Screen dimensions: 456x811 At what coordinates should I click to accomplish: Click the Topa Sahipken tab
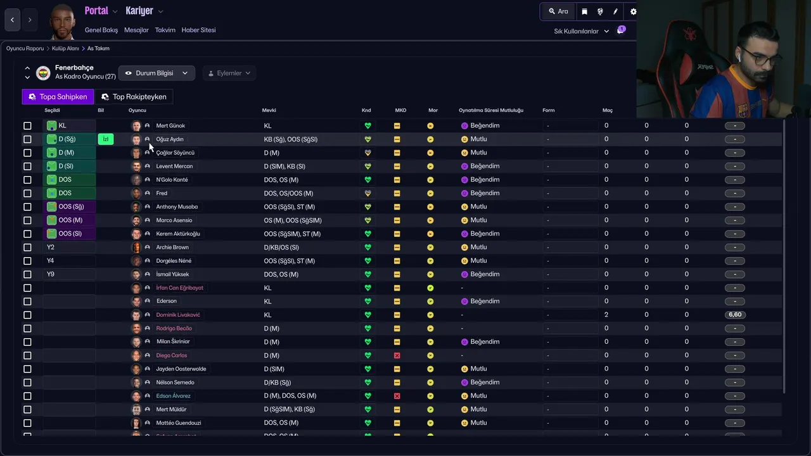coord(58,97)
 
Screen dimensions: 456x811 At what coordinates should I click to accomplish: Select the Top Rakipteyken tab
coord(134,97)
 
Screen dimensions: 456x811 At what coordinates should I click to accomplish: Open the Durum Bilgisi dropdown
coord(156,73)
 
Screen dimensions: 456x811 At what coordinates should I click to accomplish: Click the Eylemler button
coord(229,73)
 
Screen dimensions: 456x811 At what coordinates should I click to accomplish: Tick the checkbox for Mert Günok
coord(27,126)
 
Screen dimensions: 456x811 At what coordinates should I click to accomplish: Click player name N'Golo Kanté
coord(172,180)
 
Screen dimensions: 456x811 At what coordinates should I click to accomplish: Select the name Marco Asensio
coord(174,220)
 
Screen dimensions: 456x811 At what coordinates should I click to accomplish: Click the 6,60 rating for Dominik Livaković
coord(735,315)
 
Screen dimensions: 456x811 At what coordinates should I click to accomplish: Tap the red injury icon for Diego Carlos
coord(397,355)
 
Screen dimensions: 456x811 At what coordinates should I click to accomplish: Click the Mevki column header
coord(269,110)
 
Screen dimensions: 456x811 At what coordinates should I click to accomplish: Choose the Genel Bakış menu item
coord(101,30)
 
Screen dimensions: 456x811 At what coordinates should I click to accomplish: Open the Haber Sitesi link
coord(198,30)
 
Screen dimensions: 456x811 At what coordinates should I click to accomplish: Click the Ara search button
coord(558,11)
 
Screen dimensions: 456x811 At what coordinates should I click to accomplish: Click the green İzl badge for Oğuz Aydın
coord(106,139)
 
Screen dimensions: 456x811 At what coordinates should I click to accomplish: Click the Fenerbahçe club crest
coord(43,73)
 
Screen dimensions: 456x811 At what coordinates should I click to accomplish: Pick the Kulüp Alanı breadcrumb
coord(65,49)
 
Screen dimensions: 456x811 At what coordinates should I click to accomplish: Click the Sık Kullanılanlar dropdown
coord(581,31)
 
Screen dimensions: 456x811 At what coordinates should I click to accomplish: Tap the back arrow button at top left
coord(12,20)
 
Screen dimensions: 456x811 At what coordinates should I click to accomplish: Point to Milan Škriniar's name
coord(173,342)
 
